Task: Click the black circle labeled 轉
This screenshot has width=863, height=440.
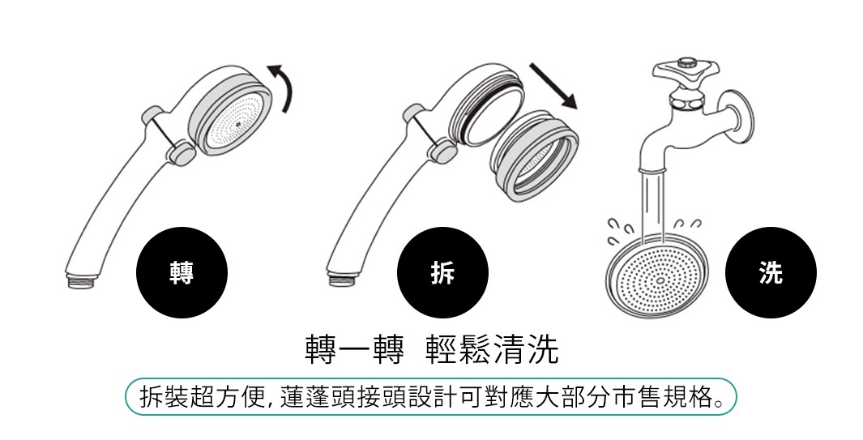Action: tap(181, 274)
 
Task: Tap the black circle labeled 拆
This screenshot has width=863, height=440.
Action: tap(442, 274)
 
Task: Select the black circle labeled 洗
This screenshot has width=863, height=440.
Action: tap(771, 274)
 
